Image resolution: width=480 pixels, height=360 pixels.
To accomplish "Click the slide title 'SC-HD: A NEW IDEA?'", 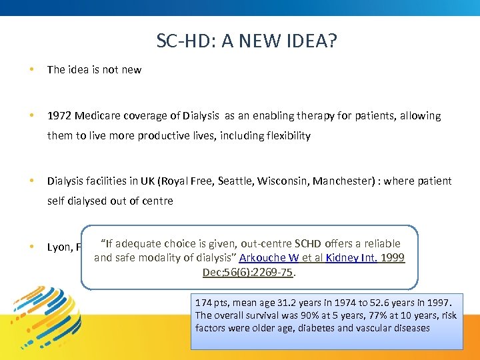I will click(x=246, y=41).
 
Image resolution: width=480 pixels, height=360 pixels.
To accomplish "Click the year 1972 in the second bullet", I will click(x=59, y=116).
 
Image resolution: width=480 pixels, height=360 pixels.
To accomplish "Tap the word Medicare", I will click(x=98, y=116).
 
